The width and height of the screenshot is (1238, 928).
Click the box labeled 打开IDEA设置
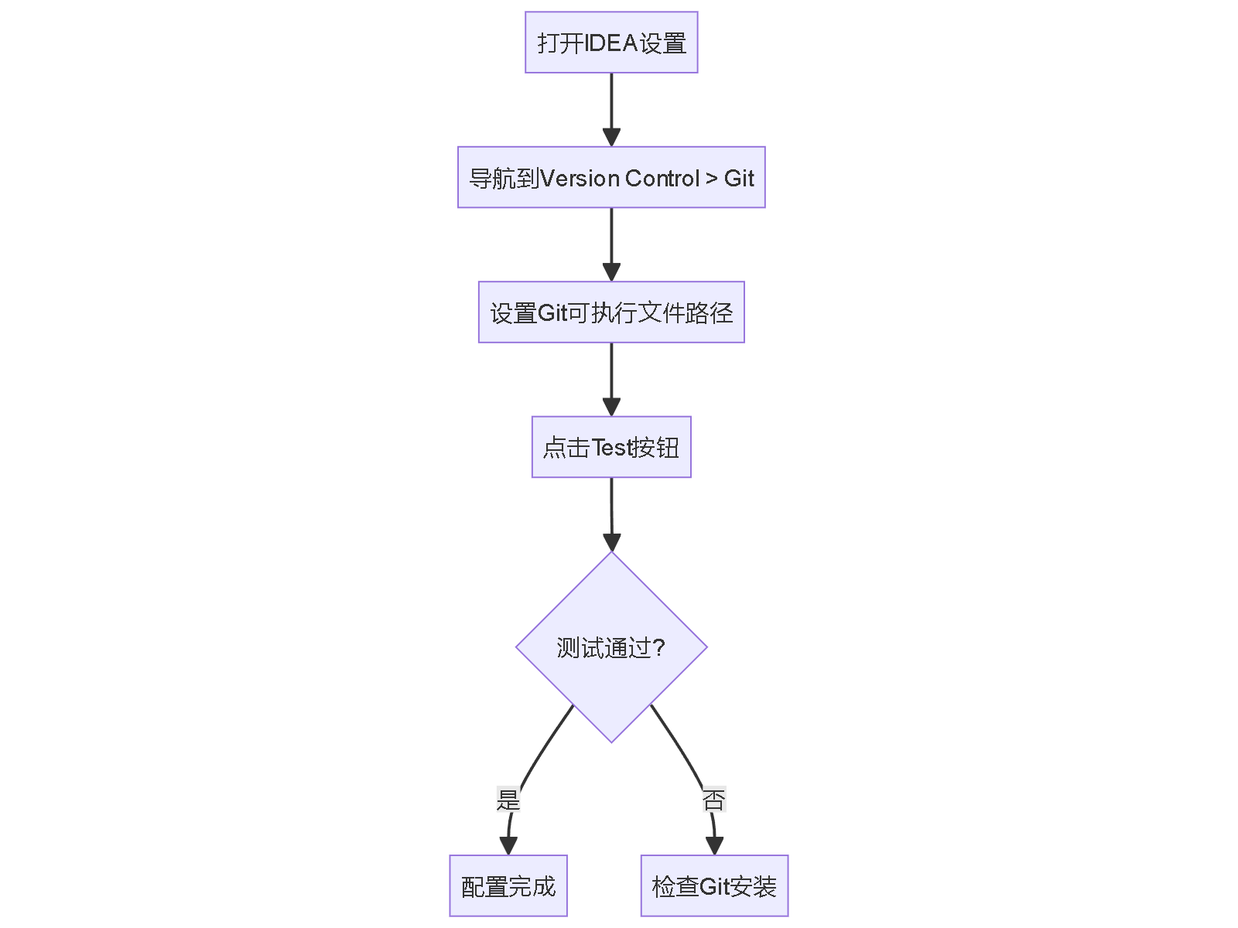pos(611,43)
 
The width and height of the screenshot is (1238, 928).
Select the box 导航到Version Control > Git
pos(611,178)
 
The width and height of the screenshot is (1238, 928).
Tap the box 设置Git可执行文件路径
pos(611,312)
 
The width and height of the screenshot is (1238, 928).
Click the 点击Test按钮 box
pos(611,447)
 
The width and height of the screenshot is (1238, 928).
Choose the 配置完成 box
pos(508,886)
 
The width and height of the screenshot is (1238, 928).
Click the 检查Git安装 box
pos(714,886)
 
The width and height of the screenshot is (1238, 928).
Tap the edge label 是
pos(508,800)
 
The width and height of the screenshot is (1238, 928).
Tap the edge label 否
pos(713,800)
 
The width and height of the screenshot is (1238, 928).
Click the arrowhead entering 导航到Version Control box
pos(611,137)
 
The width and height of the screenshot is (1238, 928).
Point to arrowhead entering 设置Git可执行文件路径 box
pos(611,271)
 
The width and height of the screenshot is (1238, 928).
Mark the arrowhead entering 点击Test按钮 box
pos(611,407)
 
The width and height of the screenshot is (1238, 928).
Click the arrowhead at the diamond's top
pos(611,541)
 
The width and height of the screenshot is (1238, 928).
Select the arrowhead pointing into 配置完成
pos(508,845)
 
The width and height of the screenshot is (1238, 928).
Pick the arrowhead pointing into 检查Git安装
pos(714,845)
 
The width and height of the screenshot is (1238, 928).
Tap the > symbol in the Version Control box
pos(712,179)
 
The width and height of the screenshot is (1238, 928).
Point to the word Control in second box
pos(662,179)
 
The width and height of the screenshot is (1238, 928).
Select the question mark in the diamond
pos(659,647)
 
